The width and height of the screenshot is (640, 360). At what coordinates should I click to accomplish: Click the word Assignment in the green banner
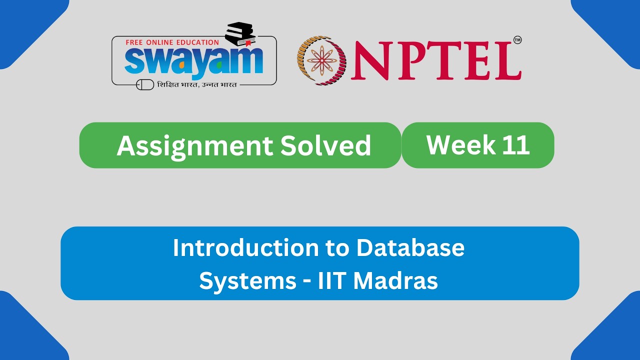click(x=193, y=145)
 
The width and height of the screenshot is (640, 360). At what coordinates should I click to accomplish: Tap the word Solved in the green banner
click(x=325, y=145)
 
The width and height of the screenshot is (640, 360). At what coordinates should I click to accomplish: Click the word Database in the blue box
click(x=410, y=247)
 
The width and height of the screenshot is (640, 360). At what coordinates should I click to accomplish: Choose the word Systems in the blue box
click(x=247, y=280)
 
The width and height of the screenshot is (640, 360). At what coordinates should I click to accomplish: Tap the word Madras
click(x=395, y=280)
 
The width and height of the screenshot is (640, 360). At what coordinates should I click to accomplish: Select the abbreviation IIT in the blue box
click(x=332, y=280)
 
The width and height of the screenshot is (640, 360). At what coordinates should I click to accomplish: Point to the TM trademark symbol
click(x=517, y=40)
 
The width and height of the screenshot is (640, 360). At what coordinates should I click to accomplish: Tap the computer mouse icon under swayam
click(x=145, y=85)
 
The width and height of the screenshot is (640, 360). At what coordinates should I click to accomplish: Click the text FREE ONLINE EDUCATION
click(x=172, y=42)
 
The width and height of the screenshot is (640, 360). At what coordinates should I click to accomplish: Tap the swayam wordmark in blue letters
click(x=193, y=61)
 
